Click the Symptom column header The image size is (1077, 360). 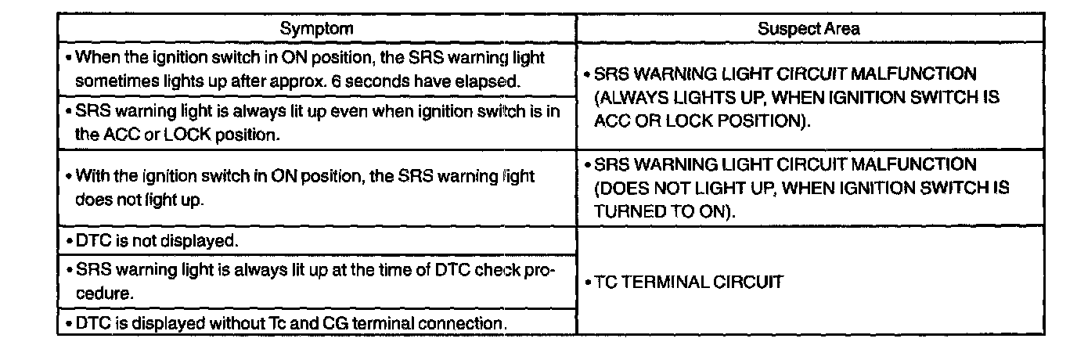pos(316,29)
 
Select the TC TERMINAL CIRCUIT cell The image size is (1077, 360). pos(688,282)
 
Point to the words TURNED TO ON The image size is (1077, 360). pos(662,211)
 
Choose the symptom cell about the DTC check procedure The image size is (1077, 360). pos(313,281)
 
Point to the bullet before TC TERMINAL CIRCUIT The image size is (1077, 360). pos(588,283)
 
